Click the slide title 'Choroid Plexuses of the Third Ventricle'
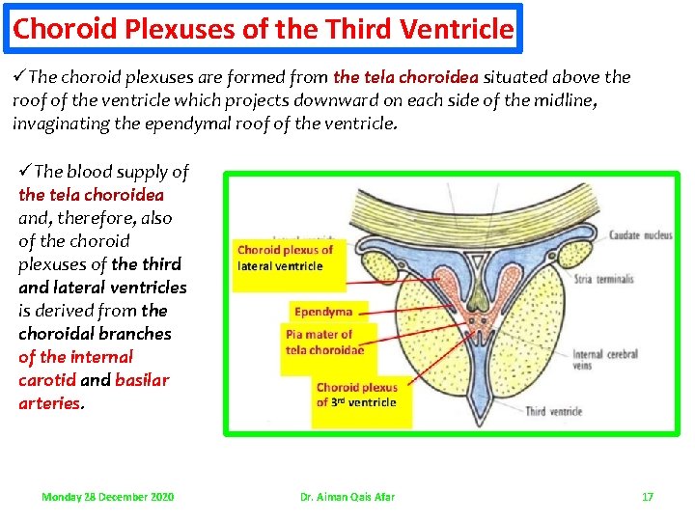tap(263, 29)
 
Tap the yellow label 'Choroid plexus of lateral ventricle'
tap(286, 258)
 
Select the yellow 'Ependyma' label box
tap(323, 312)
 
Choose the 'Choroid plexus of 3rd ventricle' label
tap(356, 395)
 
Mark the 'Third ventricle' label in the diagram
tap(553, 412)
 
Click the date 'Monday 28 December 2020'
tap(108, 496)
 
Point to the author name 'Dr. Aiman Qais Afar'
tap(347, 496)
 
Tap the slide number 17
tap(648, 496)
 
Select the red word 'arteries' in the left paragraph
tap(49, 403)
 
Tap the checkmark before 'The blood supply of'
tap(25, 172)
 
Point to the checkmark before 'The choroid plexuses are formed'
tap(20, 77)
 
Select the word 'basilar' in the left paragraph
tap(142, 380)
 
